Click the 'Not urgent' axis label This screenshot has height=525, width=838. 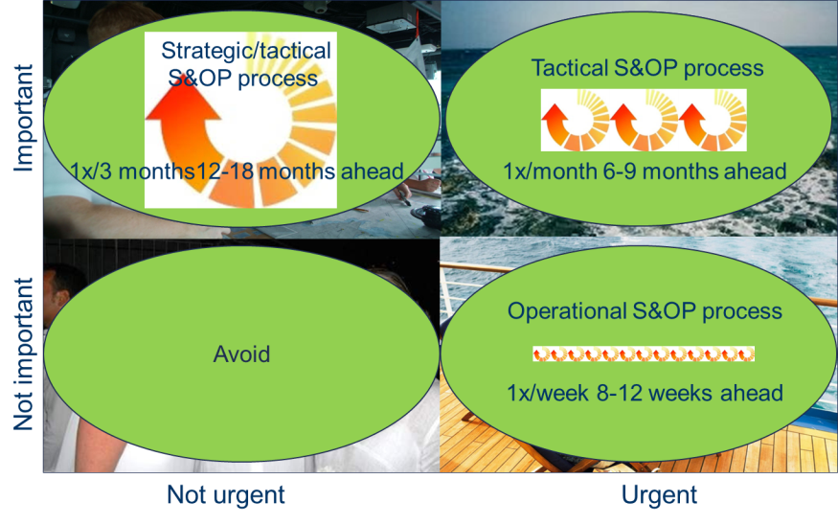click(x=225, y=495)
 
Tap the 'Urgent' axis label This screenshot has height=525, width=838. click(x=659, y=495)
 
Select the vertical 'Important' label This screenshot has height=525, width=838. click(x=24, y=118)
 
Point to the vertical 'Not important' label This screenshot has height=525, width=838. click(x=24, y=354)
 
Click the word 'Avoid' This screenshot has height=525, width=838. click(x=241, y=354)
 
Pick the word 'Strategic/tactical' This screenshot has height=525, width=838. click(x=246, y=51)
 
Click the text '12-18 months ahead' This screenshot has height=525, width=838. click(x=300, y=171)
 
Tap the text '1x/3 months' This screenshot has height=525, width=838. click(x=132, y=171)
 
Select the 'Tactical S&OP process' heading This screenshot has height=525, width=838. click(x=647, y=68)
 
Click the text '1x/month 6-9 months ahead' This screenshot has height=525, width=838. click(x=645, y=171)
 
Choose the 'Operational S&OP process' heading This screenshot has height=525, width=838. click(x=645, y=311)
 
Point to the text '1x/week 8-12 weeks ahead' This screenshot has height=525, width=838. click(x=645, y=393)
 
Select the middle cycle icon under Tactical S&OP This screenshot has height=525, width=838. click(x=644, y=121)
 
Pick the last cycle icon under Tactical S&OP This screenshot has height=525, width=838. click(x=712, y=121)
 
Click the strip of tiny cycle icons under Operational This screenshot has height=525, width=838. click(x=644, y=354)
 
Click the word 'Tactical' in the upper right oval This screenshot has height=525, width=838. click(x=570, y=68)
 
